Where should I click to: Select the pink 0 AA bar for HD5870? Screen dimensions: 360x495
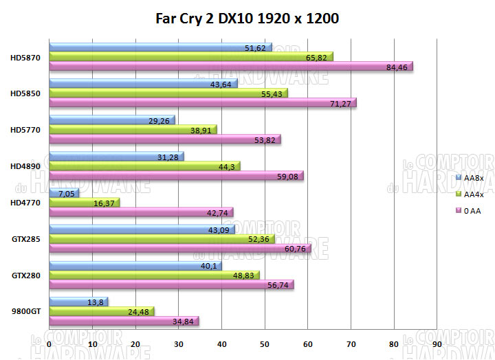[230, 67]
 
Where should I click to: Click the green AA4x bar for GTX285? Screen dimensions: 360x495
[161, 238]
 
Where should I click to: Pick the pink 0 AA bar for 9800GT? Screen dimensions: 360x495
[124, 321]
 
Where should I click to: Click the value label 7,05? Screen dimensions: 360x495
[67, 194]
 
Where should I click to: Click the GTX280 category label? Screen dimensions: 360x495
[25, 275]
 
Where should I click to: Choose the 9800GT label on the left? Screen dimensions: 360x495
[26, 311]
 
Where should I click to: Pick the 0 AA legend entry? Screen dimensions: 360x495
[472, 211]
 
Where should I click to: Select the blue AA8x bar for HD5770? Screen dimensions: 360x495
[111, 120]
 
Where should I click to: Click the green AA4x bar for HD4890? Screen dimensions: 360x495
[144, 166]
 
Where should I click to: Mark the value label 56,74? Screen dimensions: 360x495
[278, 284]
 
